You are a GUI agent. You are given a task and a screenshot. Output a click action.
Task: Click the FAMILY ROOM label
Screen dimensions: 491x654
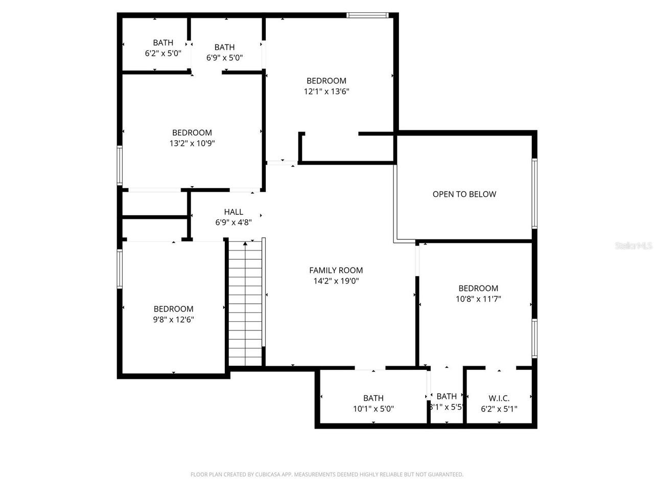point(336,270)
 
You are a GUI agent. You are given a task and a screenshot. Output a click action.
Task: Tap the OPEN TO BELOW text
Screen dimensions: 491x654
point(464,194)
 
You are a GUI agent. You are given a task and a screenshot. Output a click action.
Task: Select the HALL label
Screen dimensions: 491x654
point(233,212)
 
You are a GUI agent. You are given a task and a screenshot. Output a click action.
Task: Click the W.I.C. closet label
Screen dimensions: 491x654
point(499,398)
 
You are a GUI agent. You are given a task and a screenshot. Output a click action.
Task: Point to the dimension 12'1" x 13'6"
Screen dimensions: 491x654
point(326,92)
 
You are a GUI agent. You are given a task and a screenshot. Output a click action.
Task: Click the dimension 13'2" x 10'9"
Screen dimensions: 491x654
point(192,144)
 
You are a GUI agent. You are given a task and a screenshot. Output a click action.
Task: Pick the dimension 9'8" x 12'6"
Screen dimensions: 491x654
point(173,320)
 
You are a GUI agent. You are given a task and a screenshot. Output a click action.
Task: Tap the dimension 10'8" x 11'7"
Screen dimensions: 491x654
point(478,299)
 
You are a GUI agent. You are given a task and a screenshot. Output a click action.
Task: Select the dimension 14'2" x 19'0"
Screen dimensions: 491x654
point(336,281)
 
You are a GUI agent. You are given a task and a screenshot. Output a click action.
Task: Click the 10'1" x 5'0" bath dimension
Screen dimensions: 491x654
point(373,409)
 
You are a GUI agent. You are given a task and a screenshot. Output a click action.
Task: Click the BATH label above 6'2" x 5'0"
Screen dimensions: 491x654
point(163,42)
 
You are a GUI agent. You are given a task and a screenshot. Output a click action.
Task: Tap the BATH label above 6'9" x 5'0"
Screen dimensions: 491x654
point(224,47)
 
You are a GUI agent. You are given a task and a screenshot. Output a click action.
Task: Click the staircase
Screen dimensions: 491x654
point(245,304)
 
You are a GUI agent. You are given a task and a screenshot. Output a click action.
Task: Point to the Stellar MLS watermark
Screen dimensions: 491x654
point(634,246)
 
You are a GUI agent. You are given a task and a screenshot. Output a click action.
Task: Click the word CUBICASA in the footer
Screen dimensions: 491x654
point(269,475)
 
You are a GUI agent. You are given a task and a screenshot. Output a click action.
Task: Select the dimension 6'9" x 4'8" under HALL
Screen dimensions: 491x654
point(233,222)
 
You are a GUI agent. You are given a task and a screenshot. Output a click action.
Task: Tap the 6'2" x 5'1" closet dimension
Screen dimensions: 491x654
point(499,409)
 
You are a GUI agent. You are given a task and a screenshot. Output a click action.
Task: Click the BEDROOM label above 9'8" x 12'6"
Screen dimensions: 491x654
point(173,309)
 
